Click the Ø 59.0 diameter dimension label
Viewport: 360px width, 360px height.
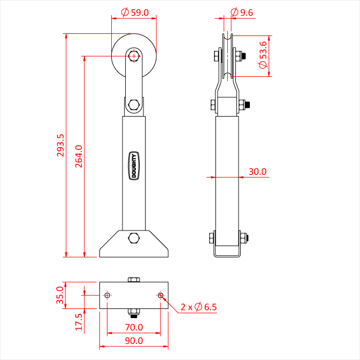pyautogui.click(x=135, y=12)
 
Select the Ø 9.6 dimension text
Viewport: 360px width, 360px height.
pyautogui.click(x=242, y=12)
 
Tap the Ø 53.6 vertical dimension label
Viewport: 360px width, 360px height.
pyautogui.click(x=263, y=55)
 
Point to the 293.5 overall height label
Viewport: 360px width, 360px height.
pyautogui.click(x=60, y=145)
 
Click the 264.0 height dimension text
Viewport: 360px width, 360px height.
pyautogui.click(x=79, y=156)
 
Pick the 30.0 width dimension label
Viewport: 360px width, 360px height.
pyautogui.click(x=257, y=171)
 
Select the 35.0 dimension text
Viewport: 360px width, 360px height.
pyautogui.click(x=60, y=295)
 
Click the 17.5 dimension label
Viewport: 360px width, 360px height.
pyautogui.click(x=79, y=322)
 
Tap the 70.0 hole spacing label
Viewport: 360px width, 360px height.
pyautogui.click(x=134, y=327)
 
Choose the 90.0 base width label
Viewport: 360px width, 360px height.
pyautogui.click(x=134, y=341)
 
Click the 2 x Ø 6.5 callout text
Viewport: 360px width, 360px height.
pyautogui.click(x=199, y=307)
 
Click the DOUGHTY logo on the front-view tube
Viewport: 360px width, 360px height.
pyautogui.click(x=134, y=165)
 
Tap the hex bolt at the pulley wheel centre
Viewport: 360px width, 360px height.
pyautogui.click(x=134, y=56)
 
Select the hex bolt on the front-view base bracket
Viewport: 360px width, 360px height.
pyautogui.click(x=134, y=238)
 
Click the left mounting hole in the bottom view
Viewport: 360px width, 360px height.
pyautogui.click(x=107, y=296)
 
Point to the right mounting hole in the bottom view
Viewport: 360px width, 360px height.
pyautogui.click(x=161, y=296)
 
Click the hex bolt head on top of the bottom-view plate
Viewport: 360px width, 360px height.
pyautogui.click(x=134, y=279)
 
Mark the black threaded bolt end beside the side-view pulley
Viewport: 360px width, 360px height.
pyautogui.click(x=244, y=56)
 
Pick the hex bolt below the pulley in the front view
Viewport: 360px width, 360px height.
pyautogui.click(x=134, y=105)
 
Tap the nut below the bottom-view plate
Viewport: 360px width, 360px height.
pyautogui.click(x=134, y=313)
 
